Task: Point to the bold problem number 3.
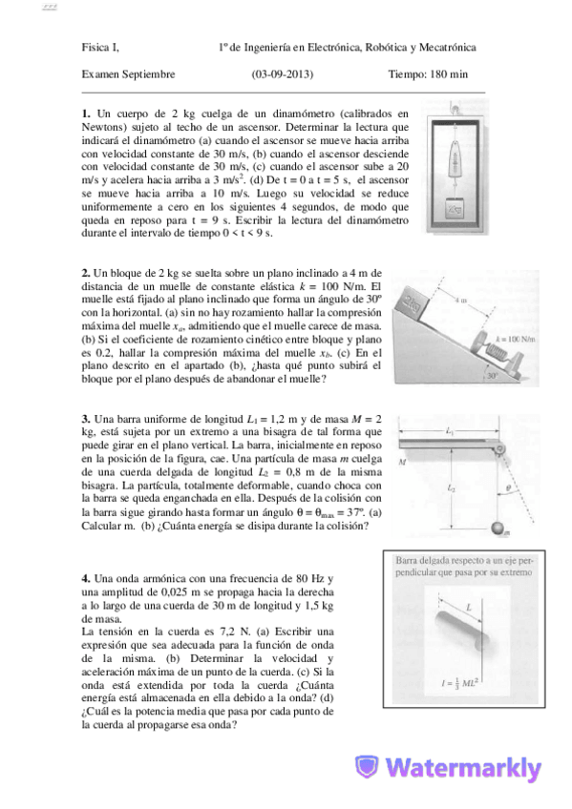click(85, 419)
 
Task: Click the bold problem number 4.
click(85, 578)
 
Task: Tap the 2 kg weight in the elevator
click(455, 204)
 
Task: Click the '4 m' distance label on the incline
click(459, 300)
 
